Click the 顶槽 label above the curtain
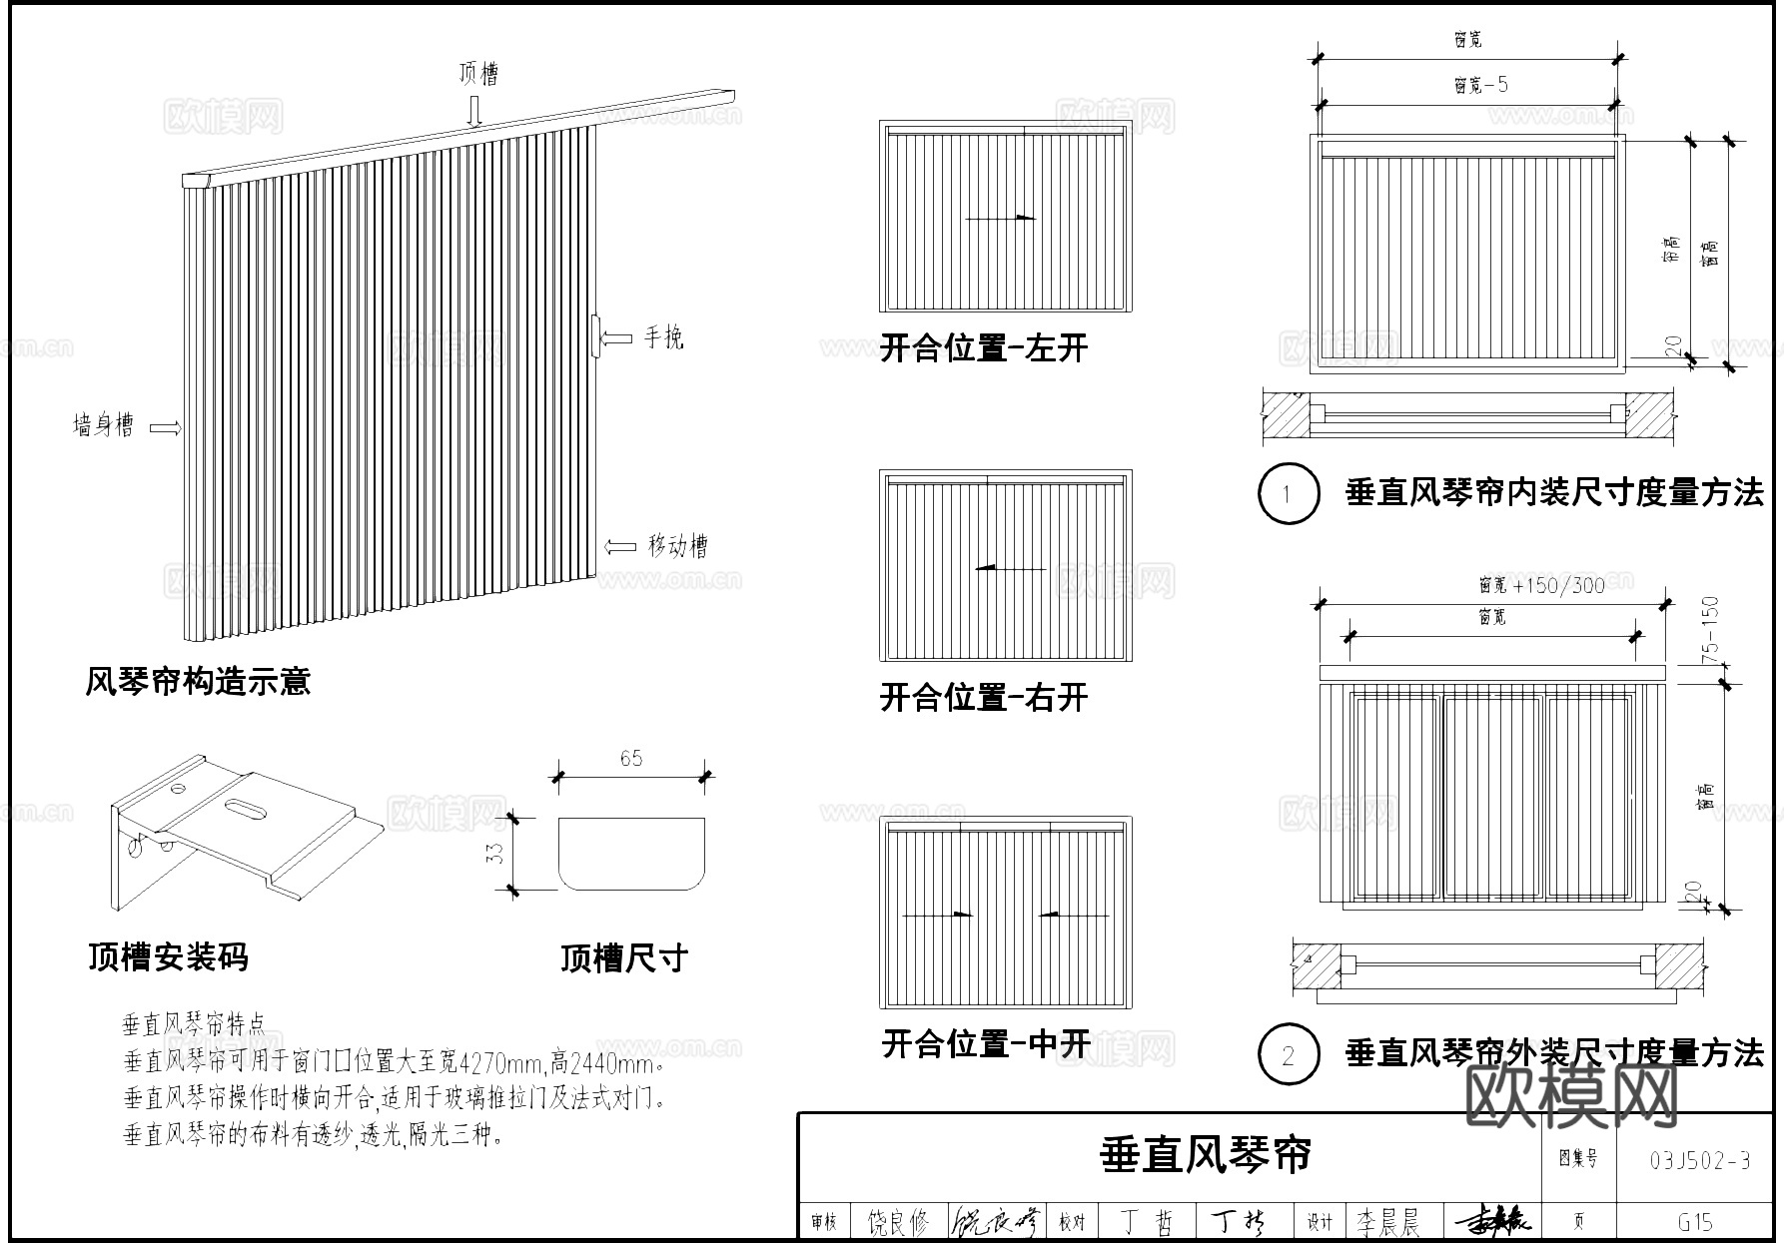pyautogui.click(x=478, y=73)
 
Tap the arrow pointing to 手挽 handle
pyautogui.click(x=618, y=338)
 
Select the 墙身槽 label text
pyautogui.click(x=103, y=425)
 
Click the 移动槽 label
pyautogui.click(x=678, y=546)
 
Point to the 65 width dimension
pyautogui.click(x=631, y=759)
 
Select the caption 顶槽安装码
pyautogui.click(x=168, y=956)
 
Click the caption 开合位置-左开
pyautogui.click(x=983, y=348)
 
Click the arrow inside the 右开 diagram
pyautogui.click(x=1009, y=568)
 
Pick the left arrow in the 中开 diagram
pyautogui.click(x=937, y=914)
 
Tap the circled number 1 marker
pyautogui.click(x=1288, y=493)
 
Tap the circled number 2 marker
pyautogui.click(x=1288, y=1054)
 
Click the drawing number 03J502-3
pyautogui.click(x=1699, y=1160)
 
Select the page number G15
pyautogui.click(x=1696, y=1221)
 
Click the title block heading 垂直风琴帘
pyautogui.click(x=1205, y=1154)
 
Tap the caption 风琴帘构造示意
pyautogui.click(x=198, y=682)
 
